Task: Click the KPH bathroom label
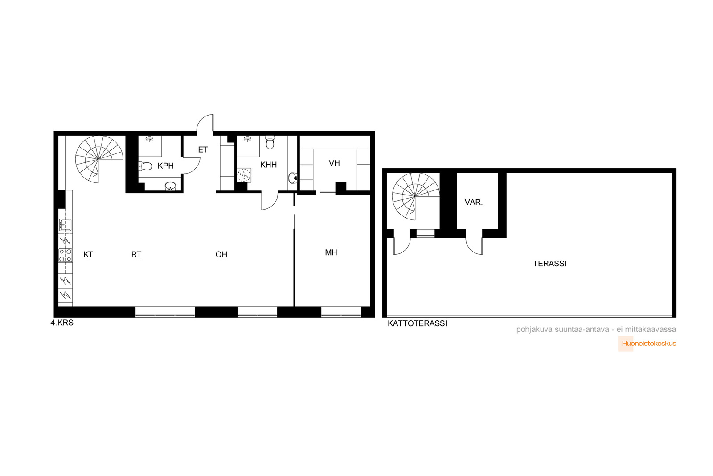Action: [165, 166]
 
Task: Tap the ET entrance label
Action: [203, 149]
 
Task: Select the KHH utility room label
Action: [268, 165]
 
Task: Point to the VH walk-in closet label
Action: [334, 163]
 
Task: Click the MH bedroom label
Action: [331, 252]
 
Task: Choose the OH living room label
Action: [221, 255]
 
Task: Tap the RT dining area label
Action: [136, 255]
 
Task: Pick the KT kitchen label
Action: [88, 255]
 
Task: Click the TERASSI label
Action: [550, 264]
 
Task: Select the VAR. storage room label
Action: [474, 203]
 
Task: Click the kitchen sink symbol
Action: [65, 225]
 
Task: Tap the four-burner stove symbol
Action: [65, 256]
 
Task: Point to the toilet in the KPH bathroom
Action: [145, 166]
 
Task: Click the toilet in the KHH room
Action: [270, 142]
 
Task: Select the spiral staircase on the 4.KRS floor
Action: [99, 159]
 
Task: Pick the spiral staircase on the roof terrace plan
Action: [415, 196]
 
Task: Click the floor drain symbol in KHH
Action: [244, 175]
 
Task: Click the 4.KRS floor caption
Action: [62, 323]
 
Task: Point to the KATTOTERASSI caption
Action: [417, 323]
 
